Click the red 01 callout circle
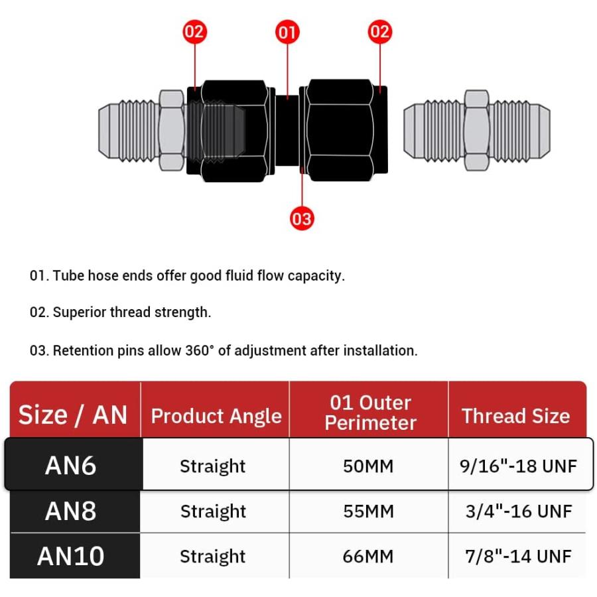point(287,32)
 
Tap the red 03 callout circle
point(302,218)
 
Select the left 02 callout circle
point(195,32)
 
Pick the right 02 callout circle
point(380,32)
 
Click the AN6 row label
point(71,465)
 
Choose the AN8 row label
point(71,511)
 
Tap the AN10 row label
point(71,556)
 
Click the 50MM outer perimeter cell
point(368,466)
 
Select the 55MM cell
point(368,511)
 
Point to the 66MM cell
point(368,557)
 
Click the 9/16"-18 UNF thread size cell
point(518,466)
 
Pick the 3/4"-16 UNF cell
point(519,511)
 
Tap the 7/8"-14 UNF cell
point(518,557)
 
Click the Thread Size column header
point(516,415)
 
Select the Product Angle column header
point(216,416)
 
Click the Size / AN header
point(73,415)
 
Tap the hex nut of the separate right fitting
point(477,130)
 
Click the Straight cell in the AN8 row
point(213,511)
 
